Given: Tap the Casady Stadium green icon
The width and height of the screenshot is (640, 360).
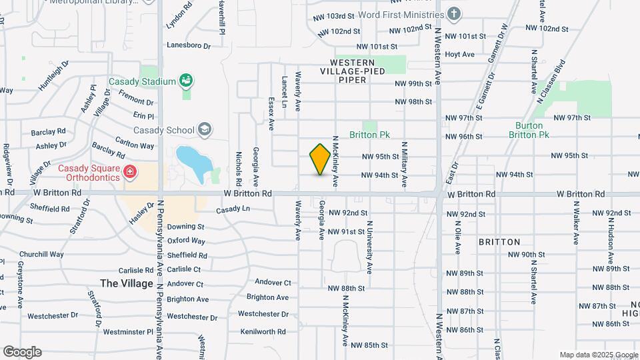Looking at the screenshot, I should click(186, 81).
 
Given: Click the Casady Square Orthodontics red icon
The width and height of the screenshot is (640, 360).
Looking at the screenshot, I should click(129, 173).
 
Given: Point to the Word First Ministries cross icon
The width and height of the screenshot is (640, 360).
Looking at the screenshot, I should click(454, 14).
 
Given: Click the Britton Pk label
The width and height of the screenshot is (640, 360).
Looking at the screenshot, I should click(369, 135).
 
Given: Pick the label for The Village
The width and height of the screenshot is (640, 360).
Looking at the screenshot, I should click(126, 283).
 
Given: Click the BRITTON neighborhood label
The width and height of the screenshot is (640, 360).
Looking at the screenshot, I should click(499, 242).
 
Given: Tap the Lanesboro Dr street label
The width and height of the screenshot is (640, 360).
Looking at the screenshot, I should click(189, 46).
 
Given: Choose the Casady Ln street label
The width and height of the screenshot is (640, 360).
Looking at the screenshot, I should click(233, 209).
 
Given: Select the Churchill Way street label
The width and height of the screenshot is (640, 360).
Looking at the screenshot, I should click(41, 254).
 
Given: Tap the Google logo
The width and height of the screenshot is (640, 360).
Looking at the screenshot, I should click(22, 352).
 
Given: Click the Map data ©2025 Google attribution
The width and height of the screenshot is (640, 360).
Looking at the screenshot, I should click(599, 355).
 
